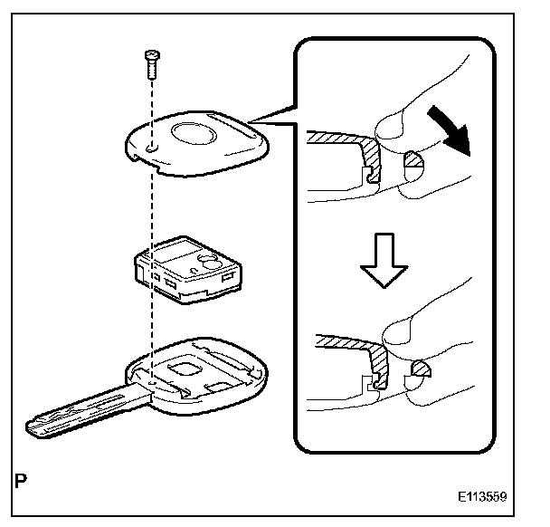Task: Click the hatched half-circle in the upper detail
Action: coord(412,161)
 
